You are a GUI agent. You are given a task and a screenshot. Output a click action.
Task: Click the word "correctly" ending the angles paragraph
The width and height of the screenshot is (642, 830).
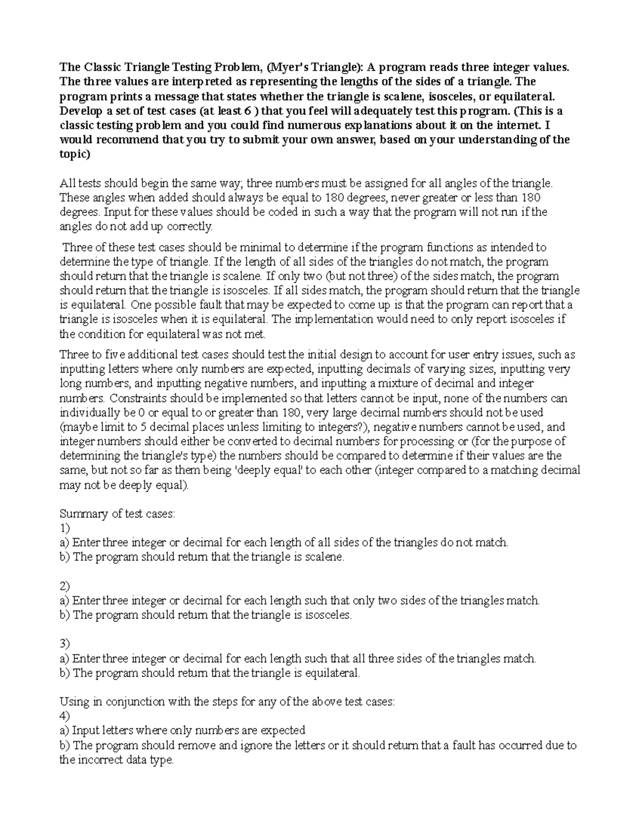[190, 227]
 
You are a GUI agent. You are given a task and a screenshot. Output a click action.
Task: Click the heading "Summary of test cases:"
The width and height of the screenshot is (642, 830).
[117, 514]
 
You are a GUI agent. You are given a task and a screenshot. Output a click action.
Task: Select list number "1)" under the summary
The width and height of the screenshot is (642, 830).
[65, 529]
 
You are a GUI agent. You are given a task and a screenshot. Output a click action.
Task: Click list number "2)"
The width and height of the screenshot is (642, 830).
[65, 586]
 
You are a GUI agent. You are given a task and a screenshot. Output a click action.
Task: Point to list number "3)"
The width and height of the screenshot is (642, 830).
[65, 644]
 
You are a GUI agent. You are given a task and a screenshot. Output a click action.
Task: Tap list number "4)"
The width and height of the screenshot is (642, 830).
[65, 716]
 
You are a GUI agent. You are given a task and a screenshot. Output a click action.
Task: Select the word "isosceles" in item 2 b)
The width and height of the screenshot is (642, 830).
[328, 615]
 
